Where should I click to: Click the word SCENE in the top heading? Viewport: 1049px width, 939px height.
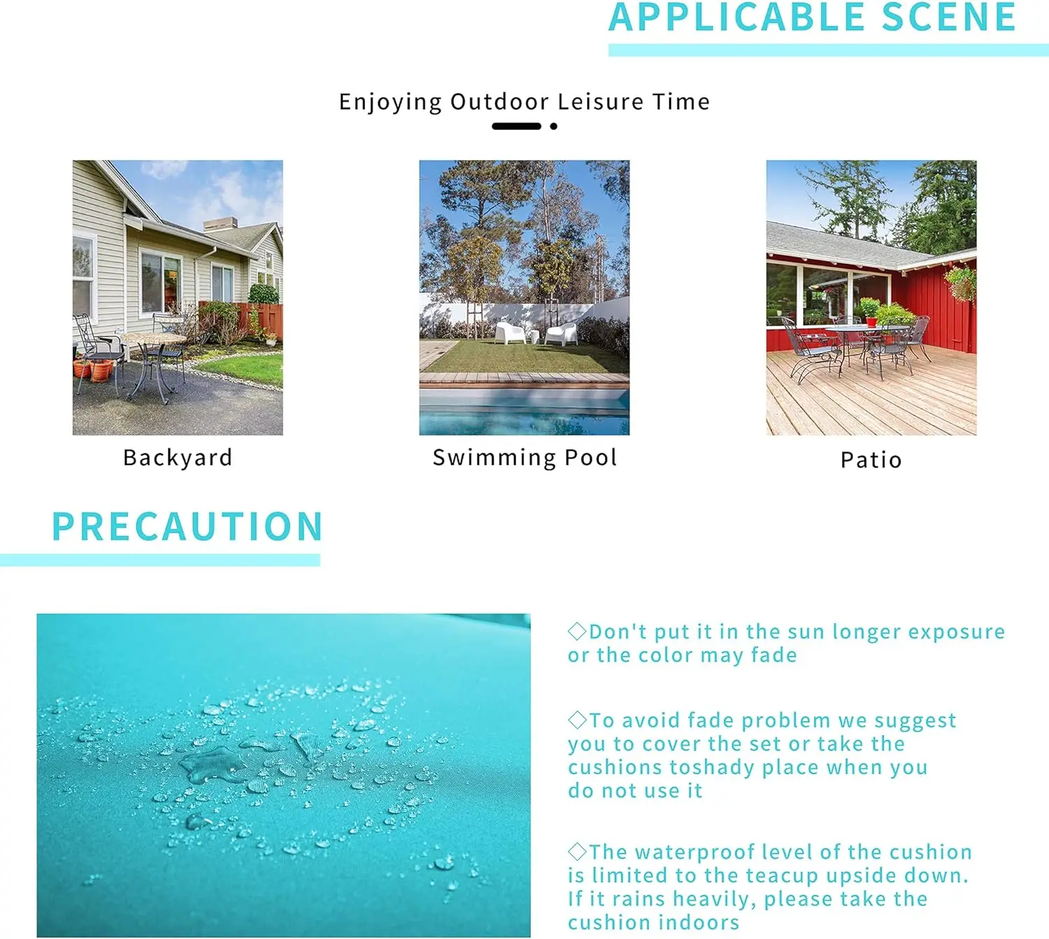[948, 17]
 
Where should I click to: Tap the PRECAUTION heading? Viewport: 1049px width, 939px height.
[187, 527]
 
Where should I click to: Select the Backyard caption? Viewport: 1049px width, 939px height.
[178, 458]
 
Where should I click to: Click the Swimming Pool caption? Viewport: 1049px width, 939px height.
[524, 458]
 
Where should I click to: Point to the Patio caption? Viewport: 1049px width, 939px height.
[871, 460]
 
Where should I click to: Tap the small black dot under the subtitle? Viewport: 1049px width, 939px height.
[553, 126]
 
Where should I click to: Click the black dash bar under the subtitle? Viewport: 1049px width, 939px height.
[516, 126]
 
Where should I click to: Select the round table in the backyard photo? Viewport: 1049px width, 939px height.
[153, 339]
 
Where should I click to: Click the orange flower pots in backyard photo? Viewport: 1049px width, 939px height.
[94, 370]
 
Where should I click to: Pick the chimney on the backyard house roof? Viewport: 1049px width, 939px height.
[220, 224]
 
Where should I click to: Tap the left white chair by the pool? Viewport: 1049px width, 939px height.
[510, 333]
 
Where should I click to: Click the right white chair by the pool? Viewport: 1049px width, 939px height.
[562, 334]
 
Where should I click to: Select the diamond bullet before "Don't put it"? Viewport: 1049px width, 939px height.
[577, 631]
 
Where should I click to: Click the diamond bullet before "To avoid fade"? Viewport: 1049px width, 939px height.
[577, 720]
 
